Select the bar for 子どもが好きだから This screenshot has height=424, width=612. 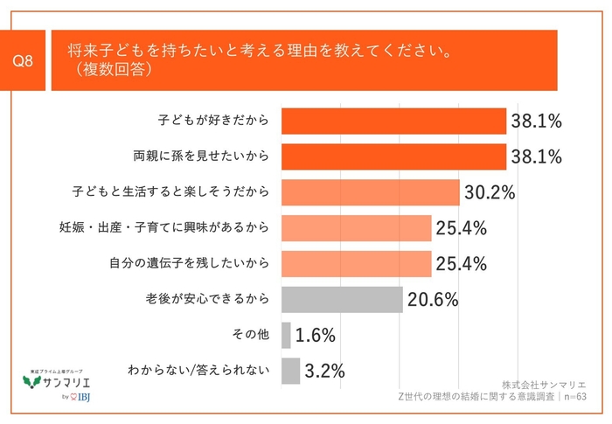pos(393,121)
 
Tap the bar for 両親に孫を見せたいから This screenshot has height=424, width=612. pos(393,156)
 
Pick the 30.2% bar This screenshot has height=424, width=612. pos(370,192)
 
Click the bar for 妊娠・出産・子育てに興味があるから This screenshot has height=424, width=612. pos(357,228)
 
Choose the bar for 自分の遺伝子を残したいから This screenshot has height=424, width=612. pos(357,264)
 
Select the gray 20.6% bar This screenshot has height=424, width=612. pos(342,300)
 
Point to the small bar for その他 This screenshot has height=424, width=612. pos(286,336)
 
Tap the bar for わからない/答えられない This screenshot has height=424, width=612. pos(290,371)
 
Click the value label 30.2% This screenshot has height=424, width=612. pos(489,192)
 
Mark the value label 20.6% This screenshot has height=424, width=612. pos(432,300)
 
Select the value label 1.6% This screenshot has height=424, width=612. pos(316,336)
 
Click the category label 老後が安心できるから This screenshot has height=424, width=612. pos(205,300)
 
